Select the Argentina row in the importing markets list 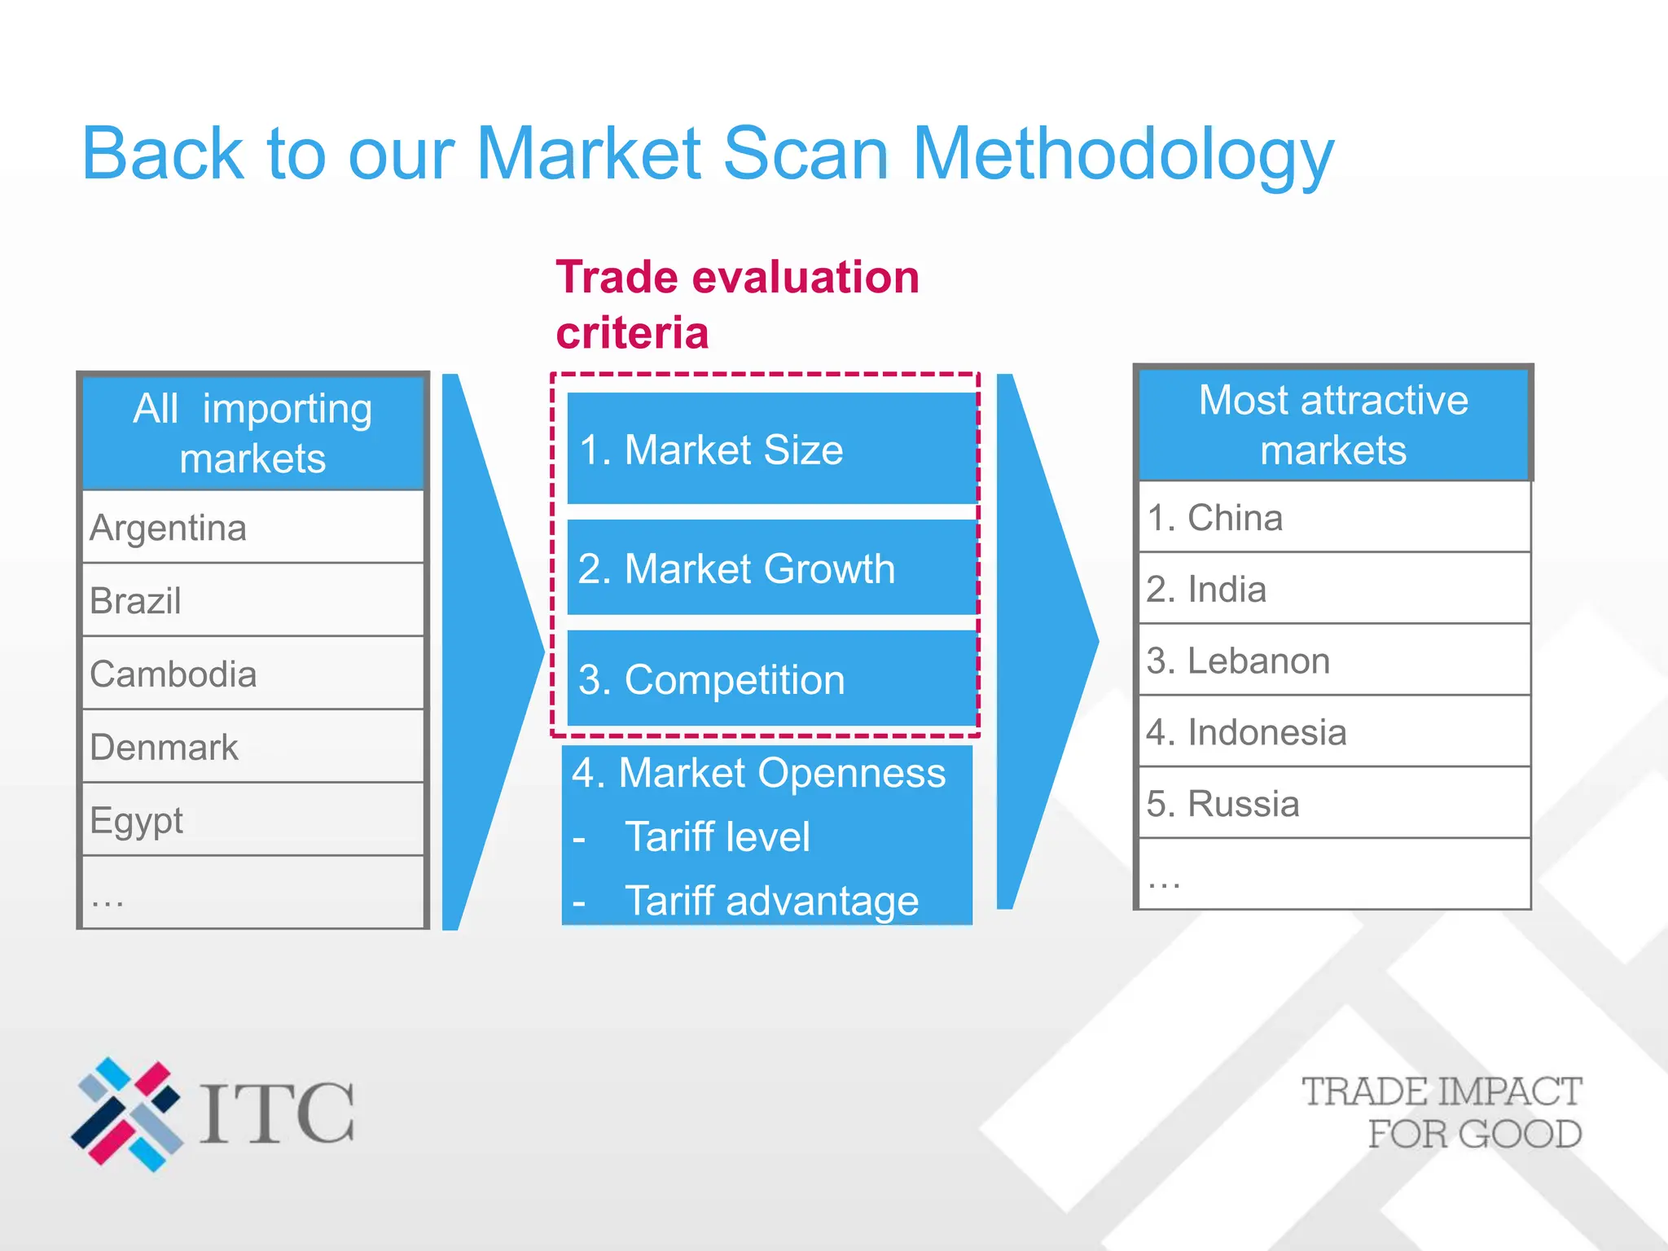(x=252, y=528)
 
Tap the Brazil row (x=252, y=601)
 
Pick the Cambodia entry (x=252, y=674)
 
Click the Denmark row (x=252, y=747)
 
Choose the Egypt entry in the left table (x=252, y=820)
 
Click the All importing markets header (x=252, y=432)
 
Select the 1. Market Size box (x=770, y=449)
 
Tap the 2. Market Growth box (x=770, y=568)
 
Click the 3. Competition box (x=770, y=678)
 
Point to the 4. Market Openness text (x=758, y=773)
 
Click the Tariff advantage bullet (x=770, y=901)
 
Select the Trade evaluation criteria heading (x=737, y=304)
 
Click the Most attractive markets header (x=1333, y=424)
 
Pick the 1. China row (x=1333, y=518)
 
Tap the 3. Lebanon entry (x=1333, y=661)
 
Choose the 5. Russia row (x=1333, y=803)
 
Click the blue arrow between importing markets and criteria (x=485, y=652)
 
